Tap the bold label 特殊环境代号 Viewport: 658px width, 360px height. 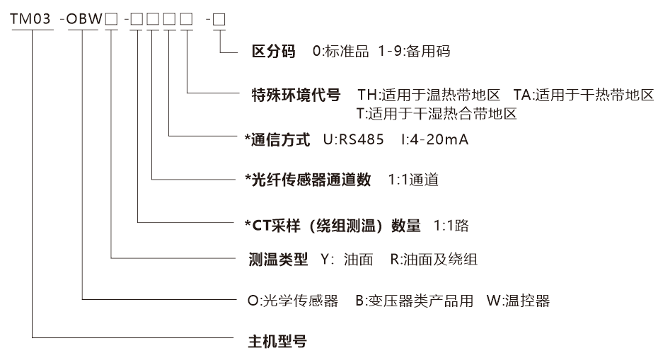coord(296,95)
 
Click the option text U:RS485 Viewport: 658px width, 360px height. coord(354,140)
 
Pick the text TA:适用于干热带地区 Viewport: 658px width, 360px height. coord(584,95)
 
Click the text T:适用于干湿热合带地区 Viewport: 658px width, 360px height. coord(437,112)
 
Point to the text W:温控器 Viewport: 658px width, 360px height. coord(518,301)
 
